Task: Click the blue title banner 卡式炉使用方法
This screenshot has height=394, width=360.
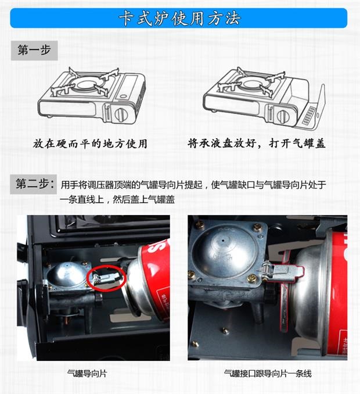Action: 178,18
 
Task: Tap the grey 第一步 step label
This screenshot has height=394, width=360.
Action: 34,50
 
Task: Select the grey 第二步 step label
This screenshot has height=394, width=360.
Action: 34,184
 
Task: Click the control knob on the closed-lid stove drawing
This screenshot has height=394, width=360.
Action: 121,114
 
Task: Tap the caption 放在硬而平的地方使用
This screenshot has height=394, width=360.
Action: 90,144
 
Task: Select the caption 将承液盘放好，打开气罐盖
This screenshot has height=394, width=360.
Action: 256,143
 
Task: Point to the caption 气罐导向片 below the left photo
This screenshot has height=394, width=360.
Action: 87,374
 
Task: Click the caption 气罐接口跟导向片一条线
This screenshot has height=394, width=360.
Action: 268,374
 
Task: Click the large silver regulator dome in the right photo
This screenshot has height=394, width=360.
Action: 224,251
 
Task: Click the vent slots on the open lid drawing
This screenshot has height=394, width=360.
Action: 308,115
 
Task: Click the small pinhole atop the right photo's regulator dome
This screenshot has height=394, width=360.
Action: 223,240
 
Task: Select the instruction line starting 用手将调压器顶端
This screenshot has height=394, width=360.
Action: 193,185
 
